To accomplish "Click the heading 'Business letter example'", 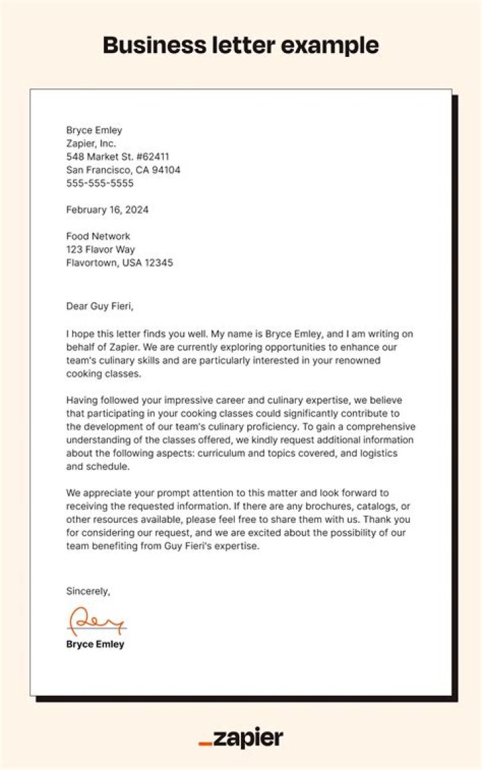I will (x=241, y=45).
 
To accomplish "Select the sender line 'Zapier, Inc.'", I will (x=91, y=143).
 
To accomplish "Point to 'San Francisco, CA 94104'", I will (x=123, y=170).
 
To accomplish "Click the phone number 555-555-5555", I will (x=100, y=183).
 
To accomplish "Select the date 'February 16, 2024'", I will (x=107, y=210).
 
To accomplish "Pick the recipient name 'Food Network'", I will (x=98, y=236).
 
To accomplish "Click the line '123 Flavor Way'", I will (x=100, y=250).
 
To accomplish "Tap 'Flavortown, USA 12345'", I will (x=119, y=263).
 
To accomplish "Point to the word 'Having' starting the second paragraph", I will (x=82, y=400).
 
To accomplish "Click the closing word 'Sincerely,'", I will (x=88, y=591).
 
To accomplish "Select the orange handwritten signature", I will (x=96, y=621).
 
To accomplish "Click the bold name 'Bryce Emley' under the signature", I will (x=95, y=645).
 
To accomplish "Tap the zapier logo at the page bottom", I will (x=241, y=739).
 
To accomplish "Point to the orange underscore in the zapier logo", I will (x=206, y=744).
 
